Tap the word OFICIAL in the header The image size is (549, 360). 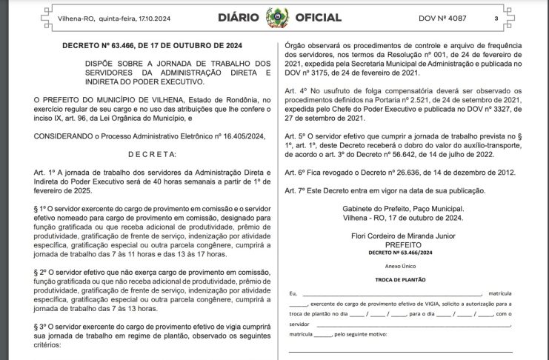319,17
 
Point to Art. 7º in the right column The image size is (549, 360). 295,190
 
